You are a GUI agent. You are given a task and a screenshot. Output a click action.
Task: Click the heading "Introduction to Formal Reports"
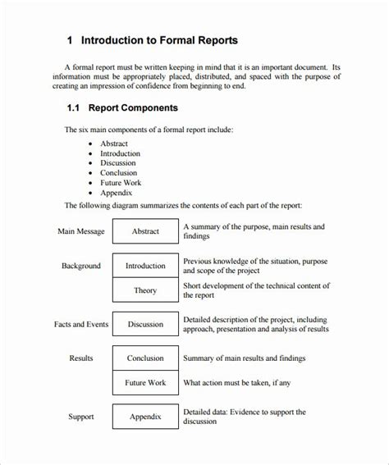point(164,40)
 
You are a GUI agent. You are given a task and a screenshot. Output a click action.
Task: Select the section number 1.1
point(74,107)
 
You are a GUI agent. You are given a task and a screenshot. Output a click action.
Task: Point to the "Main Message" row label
point(80,231)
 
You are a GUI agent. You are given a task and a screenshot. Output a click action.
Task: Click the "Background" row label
point(80,266)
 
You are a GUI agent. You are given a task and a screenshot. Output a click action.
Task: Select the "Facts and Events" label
point(80,324)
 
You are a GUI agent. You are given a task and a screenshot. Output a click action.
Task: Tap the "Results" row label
point(80,358)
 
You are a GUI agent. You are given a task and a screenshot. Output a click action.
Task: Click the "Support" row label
point(80,417)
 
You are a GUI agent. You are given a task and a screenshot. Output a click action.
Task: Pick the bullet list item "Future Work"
point(121,183)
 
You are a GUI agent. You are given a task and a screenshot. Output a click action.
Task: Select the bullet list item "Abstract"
point(114,144)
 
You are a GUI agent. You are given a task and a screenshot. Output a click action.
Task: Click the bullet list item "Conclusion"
point(118,173)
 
